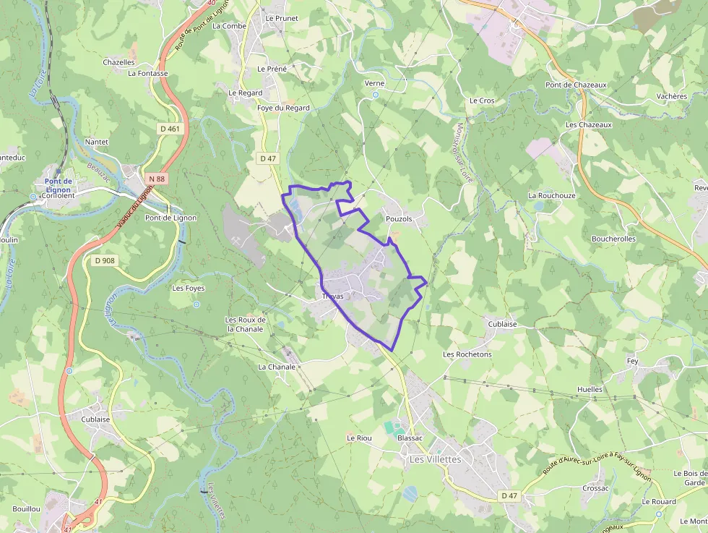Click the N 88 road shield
155,178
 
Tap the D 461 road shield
170,129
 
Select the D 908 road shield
105,260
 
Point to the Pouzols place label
399,218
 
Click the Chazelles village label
118,62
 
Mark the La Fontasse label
147,73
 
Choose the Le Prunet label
282,18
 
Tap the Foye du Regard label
283,108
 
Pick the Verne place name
375,83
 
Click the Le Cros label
482,101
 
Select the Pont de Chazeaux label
576,85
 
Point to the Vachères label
672,96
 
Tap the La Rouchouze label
552,195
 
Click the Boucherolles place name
613,239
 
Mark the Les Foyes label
189,288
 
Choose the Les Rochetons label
467,354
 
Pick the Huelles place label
590,389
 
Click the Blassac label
410,438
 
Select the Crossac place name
595,488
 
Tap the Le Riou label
359,438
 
